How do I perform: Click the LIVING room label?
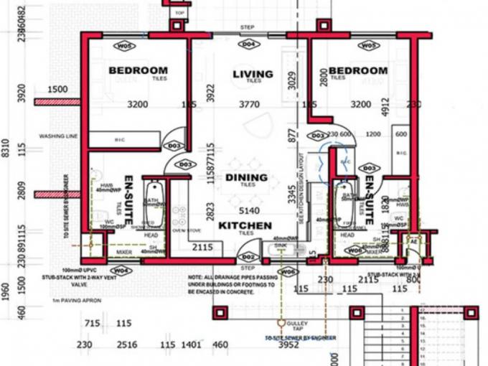[253, 74]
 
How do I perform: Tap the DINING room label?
[246, 177]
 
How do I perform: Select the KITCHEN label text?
[245, 225]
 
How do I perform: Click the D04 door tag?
[248, 44]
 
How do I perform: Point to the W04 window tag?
[122, 270]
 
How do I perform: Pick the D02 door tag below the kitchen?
[248, 256]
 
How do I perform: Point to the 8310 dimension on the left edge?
[6, 149]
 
